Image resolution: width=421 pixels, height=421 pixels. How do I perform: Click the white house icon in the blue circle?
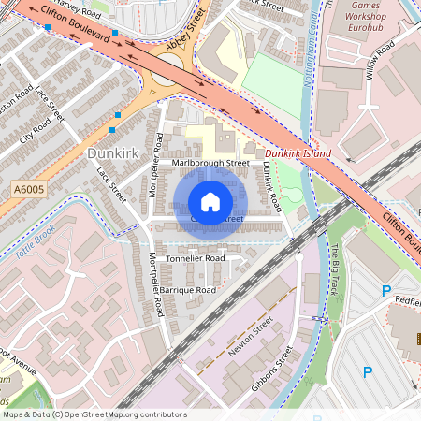coord(210,202)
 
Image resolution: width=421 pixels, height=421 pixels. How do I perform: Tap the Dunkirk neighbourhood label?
coord(111,152)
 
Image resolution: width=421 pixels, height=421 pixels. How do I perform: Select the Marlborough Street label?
coord(210,163)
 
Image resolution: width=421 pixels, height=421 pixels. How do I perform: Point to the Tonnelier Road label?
coord(195,257)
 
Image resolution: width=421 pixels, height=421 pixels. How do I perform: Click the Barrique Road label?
coord(187,291)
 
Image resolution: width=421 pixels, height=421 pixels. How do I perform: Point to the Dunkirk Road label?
coord(271,184)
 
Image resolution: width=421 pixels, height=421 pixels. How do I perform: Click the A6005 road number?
coord(29,190)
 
